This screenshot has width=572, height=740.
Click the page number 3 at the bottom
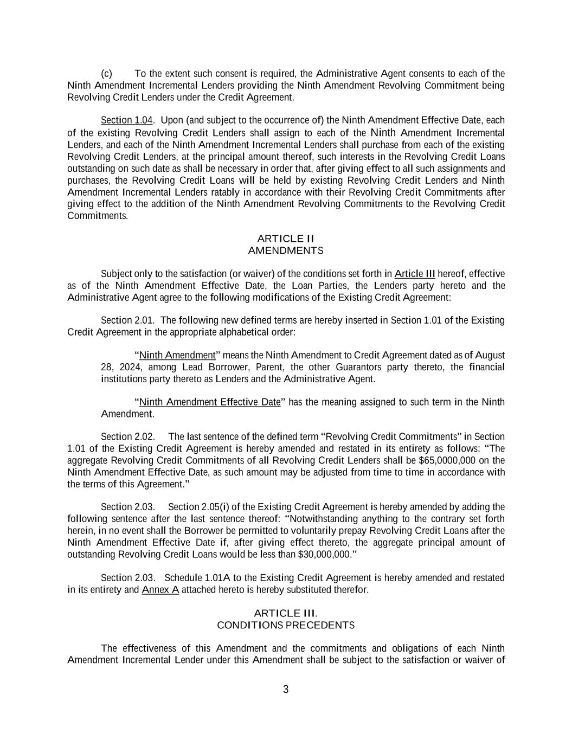(x=286, y=690)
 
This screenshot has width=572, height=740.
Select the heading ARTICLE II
(x=286, y=239)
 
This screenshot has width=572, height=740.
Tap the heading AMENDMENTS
(x=286, y=250)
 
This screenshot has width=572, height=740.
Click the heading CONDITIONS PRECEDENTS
(x=286, y=625)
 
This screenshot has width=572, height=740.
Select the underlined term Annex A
(x=160, y=590)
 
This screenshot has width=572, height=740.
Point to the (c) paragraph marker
(x=107, y=74)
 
